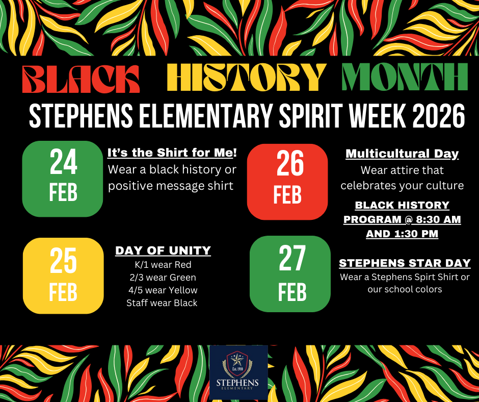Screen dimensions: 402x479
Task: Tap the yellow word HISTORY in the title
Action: pyautogui.click(x=246, y=78)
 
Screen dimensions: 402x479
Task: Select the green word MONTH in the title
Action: pyautogui.click(x=405, y=78)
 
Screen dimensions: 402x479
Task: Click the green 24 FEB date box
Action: pyautogui.click(x=63, y=179)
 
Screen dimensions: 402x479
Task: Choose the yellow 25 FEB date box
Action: pyautogui.click(x=63, y=275)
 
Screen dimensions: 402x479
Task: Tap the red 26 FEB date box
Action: pyautogui.click(x=287, y=182)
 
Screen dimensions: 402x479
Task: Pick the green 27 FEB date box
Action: pyautogui.click(x=290, y=274)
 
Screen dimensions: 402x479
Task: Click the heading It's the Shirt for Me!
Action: pyautogui.click(x=172, y=153)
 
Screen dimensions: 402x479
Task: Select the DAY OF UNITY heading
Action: pyautogui.click(x=163, y=250)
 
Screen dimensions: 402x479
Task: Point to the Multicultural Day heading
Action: pyautogui.click(x=402, y=154)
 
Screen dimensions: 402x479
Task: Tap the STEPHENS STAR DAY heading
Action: pyautogui.click(x=405, y=264)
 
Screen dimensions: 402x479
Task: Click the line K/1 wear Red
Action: pyautogui.click(x=162, y=265)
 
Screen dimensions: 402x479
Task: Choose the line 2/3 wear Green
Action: pyautogui.click(x=162, y=278)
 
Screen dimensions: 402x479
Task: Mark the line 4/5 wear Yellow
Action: pyautogui.click(x=162, y=290)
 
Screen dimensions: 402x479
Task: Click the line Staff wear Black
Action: pyautogui.click(x=162, y=303)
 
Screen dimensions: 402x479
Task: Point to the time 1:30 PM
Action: pyautogui.click(x=420, y=234)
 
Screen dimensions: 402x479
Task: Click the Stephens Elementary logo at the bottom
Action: pyautogui.click(x=238, y=372)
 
